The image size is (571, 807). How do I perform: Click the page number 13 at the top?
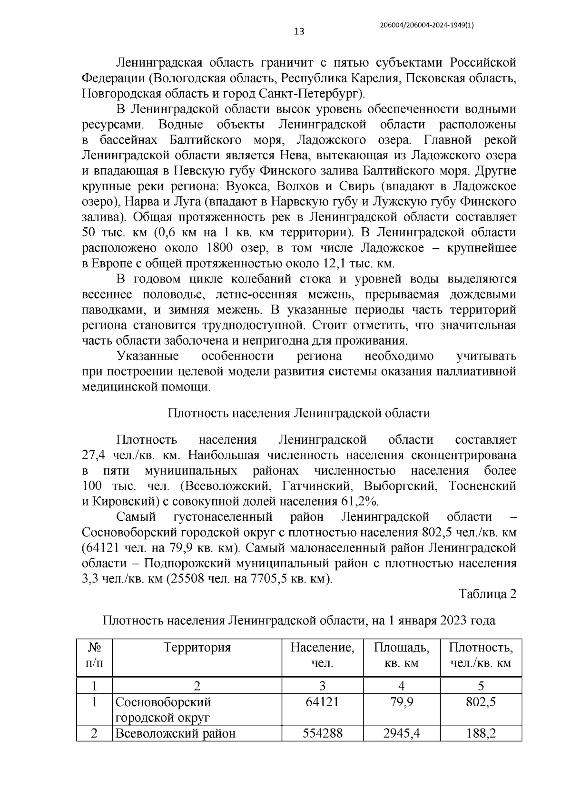[299, 32]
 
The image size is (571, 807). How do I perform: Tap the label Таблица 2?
[487, 594]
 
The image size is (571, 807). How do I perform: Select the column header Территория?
[197, 647]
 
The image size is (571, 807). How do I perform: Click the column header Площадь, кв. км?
[402, 654]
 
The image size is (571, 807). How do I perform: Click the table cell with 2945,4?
[402, 733]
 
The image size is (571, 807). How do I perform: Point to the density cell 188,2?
[481, 733]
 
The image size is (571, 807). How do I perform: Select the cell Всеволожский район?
[176, 733]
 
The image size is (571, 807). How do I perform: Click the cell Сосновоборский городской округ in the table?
[163, 710]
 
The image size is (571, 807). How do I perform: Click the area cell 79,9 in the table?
[402, 702]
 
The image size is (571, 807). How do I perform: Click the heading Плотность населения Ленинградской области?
[299, 413]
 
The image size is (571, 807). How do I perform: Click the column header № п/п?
[94, 654]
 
